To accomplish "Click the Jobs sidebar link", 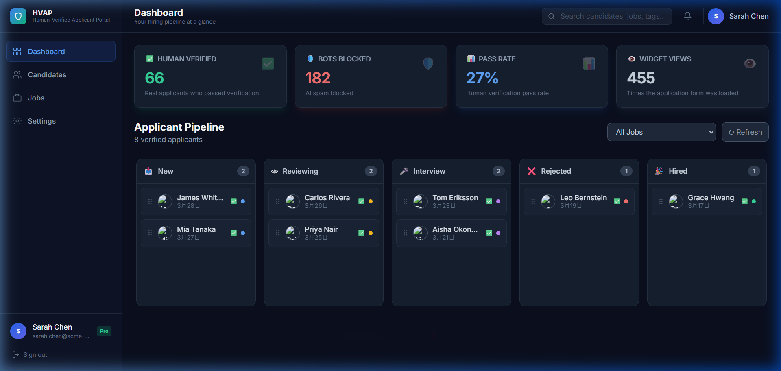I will [x=36, y=98].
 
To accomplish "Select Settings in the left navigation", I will [x=41, y=121].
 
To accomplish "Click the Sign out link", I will [x=35, y=355].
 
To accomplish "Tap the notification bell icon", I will [x=687, y=16].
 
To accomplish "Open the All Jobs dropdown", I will [x=661, y=132].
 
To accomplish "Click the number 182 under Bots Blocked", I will [x=318, y=78].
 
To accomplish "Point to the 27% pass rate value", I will [x=482, y=78].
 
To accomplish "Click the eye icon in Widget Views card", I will [x=750, y=63].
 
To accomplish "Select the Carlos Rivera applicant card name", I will [x=327, y=198].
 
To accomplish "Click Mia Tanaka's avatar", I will [x=165, y=233].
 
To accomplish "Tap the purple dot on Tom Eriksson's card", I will [x=498, y=201].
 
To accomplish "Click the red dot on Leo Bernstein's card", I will [x=626, y=201].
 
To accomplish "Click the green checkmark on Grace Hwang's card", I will [x=744, y=201].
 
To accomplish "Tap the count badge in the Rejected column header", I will [x=626, y=171].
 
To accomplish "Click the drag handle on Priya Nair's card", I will [x=278, y=233].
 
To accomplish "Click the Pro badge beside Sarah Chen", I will [x=104, y=331].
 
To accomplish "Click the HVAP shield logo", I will [x=18, y=16].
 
